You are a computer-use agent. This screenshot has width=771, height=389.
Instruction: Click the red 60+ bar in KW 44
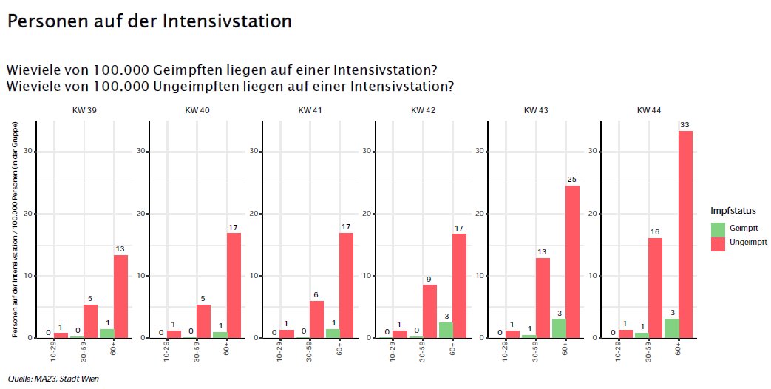[x=685, y=234]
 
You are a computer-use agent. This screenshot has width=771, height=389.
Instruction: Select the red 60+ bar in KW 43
[x=572, y=262]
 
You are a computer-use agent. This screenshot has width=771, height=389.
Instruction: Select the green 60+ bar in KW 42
[x=445, y=330]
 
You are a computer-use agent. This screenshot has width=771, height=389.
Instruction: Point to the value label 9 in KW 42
[x=429, y=279]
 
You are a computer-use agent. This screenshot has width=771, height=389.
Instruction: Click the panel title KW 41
[x=309, y=110]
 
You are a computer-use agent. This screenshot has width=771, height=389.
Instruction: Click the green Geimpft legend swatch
[x=718, y=228]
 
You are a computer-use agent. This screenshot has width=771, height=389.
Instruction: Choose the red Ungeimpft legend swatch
[x=718, y=242]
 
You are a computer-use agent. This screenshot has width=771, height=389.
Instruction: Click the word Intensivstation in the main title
[x=237, y=21]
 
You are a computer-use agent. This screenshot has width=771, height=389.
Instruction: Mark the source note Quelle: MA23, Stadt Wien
[x=53, y=379]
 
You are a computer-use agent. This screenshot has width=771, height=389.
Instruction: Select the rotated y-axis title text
[x=14, y=231]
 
